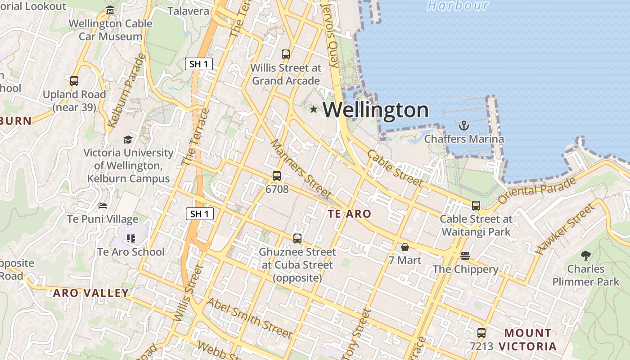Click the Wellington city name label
(x=376, y=110)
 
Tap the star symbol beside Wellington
(x=314, y=109)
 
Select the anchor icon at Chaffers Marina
(x=463, y=126)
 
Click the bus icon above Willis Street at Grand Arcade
(x=286, y=54)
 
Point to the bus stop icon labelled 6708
(x=277, y=176)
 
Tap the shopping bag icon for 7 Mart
(x=405, y=247)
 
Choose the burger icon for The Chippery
(x=465, y=256)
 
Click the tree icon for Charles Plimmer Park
(x=585, y=256)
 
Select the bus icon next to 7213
(x=481, y=333)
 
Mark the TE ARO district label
(x=350, y=214)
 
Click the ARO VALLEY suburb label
(x=91, y=293)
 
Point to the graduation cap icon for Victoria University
(x=128, y=139)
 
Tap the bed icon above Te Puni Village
(x=103, y=206)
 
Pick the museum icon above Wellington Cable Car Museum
(x=111, y=10)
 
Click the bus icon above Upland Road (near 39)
(x=74, y=81)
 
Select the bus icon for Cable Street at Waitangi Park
(x=476, y=206)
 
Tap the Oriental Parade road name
(x=537, y=190)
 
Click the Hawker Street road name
(x=566, y=229)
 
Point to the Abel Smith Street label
(x=249, y=318)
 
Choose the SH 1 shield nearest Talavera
(x=198, y=64)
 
